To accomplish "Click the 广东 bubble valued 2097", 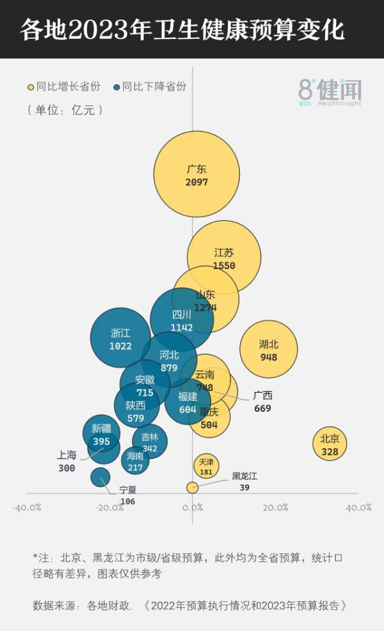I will click(x=196, y=174).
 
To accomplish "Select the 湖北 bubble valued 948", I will click(x=269, y=349).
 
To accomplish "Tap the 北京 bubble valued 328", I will click(x=330, y=445).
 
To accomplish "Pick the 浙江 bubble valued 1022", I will click(x=120, y=339).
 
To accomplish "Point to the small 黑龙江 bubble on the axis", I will click(x=192, y=487).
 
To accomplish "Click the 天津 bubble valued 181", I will click(x=206, y=467).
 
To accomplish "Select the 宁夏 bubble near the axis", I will click(x=100, y=477).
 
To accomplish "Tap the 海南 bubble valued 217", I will click(x=135, y=460).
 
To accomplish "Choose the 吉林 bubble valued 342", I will click(x=150, y=441).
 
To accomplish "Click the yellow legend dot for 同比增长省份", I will click(x=30, y=87).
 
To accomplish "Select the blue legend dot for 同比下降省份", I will click(x=116, y=87).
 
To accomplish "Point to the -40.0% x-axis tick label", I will click(x=27, y=508).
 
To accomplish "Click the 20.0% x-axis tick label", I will click(x=275, y=508).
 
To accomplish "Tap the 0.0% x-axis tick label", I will click(x=192, y=508).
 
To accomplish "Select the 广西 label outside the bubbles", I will click(x=262, y=396).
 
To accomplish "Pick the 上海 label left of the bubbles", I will click(x=67, y=455).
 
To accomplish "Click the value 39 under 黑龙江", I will click(x=244, y=488).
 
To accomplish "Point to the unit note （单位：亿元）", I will click(x=65, y=110).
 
